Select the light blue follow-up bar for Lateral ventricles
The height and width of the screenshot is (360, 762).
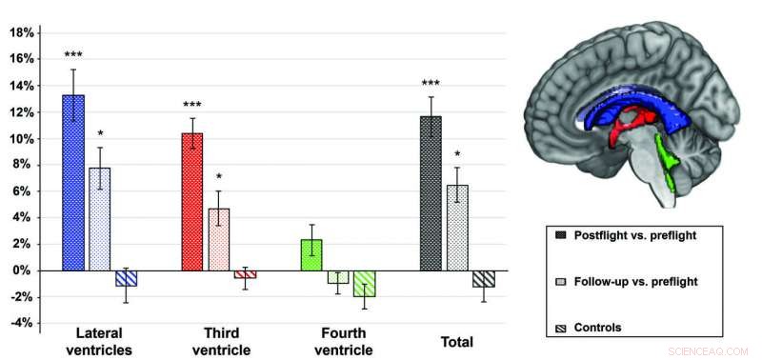point(100,219)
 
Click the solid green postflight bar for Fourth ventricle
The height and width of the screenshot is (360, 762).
point(311,255)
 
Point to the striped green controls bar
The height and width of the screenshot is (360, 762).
point(365,284)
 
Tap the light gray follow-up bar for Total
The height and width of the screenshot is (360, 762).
point(457,228)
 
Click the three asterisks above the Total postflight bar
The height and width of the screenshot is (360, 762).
point(431,85)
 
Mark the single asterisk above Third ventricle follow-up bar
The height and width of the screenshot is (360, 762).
point(219,177)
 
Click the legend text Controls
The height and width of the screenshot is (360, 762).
point(598,328)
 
